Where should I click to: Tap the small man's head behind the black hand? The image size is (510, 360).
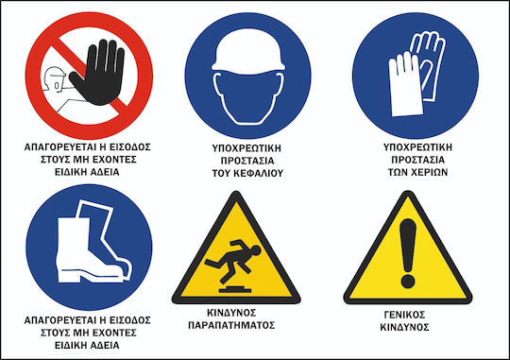click(x=54, y=78)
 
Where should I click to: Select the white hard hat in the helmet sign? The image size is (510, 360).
click(x=248, y=51)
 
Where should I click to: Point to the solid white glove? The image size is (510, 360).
click(x=405, y=85)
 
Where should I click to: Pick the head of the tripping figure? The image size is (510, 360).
click(x=256, y=250)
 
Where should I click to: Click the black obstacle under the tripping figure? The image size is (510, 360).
click(x=235, y=289)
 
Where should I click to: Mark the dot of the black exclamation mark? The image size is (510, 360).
click(x=408, y=281)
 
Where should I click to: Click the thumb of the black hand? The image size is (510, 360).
click(x=76, y=80)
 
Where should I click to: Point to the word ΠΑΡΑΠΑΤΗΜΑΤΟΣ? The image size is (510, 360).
click(x=231, y=325)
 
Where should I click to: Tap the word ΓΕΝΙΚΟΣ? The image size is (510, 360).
click(x=404, y=315)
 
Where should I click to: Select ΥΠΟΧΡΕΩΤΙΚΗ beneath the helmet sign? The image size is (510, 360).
click(x=246, y=148)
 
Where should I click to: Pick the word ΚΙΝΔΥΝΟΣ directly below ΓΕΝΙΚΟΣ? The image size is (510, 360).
click(x=404, y=327)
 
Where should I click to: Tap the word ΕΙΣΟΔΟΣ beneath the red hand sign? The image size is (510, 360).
click(x=129, y=147)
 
